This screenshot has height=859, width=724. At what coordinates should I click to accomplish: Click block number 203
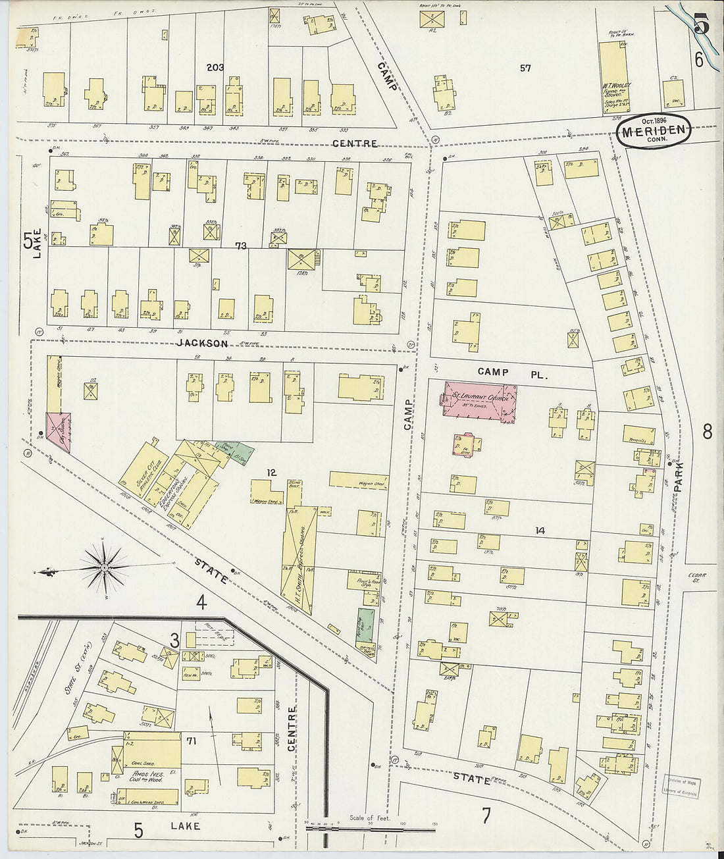[x=215, y=68]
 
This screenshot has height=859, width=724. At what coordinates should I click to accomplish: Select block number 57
[x=525, y=68]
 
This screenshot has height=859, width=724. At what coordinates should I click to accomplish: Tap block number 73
[x=240, y=246]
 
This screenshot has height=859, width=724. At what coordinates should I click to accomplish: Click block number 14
[x=540, y=531]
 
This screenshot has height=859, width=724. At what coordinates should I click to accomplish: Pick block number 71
[x=192, y=741]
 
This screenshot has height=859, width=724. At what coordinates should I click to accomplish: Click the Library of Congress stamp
[x=681, y=787]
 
